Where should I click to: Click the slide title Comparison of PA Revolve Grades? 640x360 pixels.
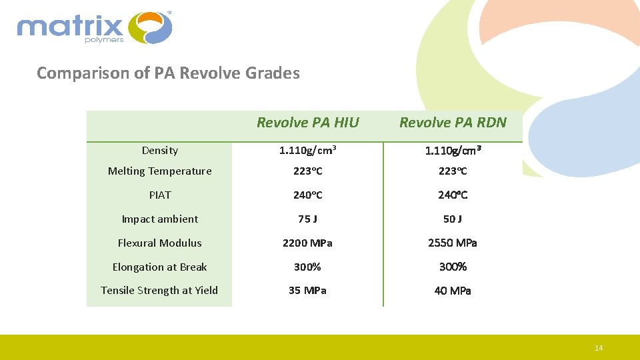click(x=168, y=73)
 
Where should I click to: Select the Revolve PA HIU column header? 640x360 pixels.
click(x=307, y=123)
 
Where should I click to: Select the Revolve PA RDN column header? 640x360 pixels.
click(x=453, y=123)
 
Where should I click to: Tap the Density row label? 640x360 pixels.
click(x=159, y=151)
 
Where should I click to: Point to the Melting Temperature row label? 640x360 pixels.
click(x=159, y=171)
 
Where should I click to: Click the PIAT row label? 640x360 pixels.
click(x=159, y=195)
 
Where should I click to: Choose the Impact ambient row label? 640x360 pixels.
click(x=159, y=219)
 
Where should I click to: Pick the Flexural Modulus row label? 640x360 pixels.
click(x=159, y=243)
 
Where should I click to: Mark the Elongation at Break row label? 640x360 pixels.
click(x=159, y=267)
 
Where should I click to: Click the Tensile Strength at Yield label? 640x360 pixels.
click(x=159, y=290)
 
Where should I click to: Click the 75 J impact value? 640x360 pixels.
click(x=307, y=219)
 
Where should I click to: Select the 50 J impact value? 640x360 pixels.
click(x=453, y=219)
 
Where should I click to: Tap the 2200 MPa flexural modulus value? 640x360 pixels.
click(x=307, y=243)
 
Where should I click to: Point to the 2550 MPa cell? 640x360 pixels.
click(x=453, y=243)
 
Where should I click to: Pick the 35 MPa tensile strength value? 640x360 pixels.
click(x=307, y=291)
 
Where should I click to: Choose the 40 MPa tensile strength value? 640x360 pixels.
click(x=453, y=291)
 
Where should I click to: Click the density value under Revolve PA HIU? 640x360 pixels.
click(x=307, y=151)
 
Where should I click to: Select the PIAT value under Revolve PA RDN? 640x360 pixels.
click(x=453, y=195)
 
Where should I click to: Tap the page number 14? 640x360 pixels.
click(x=599, y=348)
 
